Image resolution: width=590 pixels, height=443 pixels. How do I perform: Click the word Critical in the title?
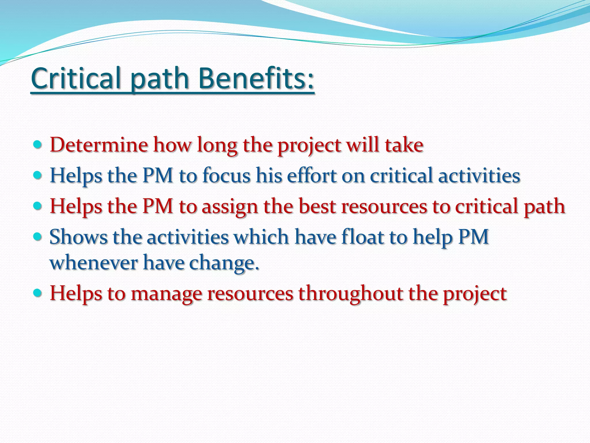point(75,78)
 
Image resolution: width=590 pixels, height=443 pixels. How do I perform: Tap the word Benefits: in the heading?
point(256,78)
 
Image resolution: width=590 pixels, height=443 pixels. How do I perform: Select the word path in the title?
point(159,80)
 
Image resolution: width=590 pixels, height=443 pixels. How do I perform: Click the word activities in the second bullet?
point(479,175)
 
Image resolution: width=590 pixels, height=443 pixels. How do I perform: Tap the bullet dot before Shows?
point(38,236)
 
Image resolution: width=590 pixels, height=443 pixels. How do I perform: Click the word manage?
point(166,294)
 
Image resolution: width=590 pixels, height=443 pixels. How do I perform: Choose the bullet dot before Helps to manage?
point(38,293)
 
